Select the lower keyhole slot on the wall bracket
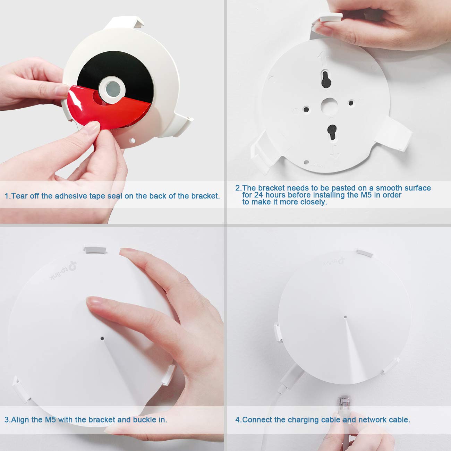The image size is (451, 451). [x=332, y=131]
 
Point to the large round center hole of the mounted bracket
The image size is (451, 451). [x=329, y=106]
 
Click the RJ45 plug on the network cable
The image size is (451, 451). [x=343, y=405]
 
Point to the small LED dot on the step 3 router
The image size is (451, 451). [x=102, y=339]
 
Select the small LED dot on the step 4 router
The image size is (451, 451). [x=345, y=317]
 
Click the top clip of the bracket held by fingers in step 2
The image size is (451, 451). [x=331, y=17]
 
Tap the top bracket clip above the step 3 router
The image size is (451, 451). [x=95, y=249]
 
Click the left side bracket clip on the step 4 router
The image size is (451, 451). [x=278, y=332]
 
